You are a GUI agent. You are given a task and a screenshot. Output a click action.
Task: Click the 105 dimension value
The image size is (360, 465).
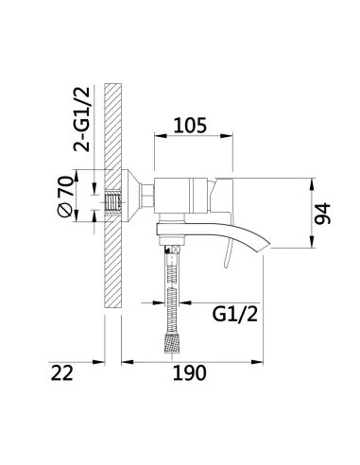click(190, 126)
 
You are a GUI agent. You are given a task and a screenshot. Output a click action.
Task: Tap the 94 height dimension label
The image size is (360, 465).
click(323, 214)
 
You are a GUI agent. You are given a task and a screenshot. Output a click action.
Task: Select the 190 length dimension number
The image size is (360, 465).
click(190, 373)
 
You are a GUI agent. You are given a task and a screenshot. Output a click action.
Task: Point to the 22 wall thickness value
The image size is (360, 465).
click(62, 373)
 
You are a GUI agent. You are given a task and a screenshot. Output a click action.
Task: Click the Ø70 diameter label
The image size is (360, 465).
click(65, 197)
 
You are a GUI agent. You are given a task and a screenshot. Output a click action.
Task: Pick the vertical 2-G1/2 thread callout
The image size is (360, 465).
click(81, 119)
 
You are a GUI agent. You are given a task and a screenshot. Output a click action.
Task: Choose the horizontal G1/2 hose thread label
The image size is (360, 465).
click(235, 314)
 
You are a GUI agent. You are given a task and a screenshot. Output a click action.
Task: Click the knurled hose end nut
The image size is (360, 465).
click(172, 343)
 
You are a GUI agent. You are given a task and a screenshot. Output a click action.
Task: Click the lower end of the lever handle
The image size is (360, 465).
click(227, 267)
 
